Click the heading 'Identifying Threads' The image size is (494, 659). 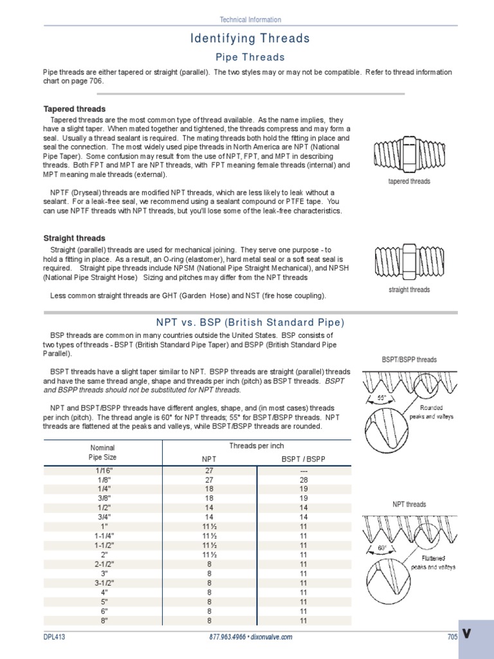coord(250,39)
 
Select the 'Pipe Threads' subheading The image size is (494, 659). coord(250,57)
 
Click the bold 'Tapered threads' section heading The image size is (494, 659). coord(74,109)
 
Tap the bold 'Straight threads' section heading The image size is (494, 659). coord(73,238)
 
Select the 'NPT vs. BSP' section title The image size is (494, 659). coord(250,322)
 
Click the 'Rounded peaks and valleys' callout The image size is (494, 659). coord(436,412)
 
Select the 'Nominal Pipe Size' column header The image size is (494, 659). coord(102,452)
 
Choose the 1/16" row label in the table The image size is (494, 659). coord(102,470)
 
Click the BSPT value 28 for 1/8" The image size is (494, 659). coord(304,479)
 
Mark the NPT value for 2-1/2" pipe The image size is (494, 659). coord(208,564)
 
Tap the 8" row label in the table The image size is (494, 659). coord(102,620)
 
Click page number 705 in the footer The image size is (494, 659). coord(452,636)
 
